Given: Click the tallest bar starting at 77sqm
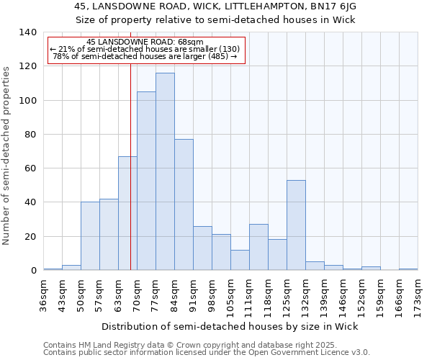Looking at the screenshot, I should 165,171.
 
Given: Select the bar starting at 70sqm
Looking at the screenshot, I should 146,181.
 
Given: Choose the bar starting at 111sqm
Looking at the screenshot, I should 258,247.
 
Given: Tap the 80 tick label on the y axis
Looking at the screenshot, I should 30,135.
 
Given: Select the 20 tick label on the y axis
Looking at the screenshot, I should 30,237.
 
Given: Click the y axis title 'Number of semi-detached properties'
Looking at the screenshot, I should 7,156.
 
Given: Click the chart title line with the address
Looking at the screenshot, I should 215,6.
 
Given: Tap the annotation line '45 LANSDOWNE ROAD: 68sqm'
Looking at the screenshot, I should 144,42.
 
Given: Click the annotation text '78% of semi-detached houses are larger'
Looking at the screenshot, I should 144,56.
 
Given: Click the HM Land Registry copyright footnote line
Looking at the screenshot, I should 186,345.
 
